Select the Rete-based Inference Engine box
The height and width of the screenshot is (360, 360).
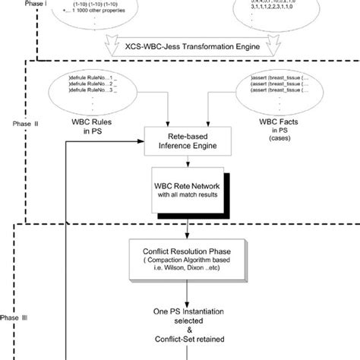click(187, 141)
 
